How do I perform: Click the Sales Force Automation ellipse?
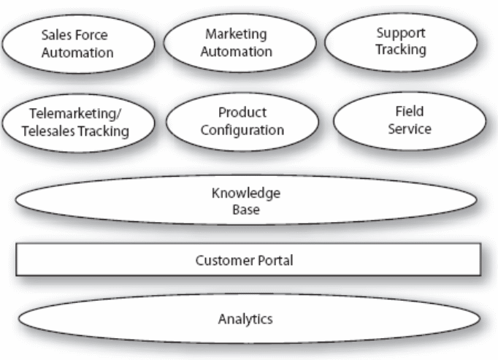click(77, 42)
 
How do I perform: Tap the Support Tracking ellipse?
click(400, 41)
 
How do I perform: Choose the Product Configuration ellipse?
click(242, 121)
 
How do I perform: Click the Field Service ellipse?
click(409, 120)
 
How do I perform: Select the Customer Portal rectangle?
click(248, 260)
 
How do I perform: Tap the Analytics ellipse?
click(248, 318)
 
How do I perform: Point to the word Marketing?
click(236, 34)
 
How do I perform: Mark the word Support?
click(400, 33)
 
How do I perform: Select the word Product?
click(242, 113)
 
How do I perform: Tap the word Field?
click(409, 112)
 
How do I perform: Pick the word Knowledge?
click(245, 194)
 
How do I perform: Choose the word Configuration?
click(242, 130)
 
